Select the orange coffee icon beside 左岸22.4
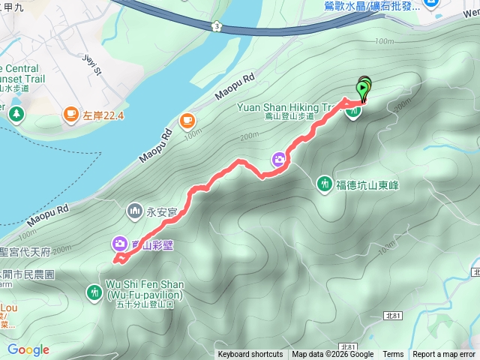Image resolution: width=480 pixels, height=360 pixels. point(70,114)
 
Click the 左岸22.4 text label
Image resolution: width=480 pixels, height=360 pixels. point(103,115)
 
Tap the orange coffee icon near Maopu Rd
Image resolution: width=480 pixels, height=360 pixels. point(186,119)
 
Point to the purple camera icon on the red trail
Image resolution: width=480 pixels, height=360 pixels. point(278,159)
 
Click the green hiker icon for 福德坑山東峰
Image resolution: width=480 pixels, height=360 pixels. point(324,184)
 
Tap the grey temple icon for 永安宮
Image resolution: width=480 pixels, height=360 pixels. point(135,211)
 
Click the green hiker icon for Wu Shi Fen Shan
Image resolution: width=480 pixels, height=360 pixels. point(94,291)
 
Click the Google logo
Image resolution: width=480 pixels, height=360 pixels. point(28,349)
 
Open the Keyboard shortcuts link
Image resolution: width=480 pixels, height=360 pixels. point(250,355)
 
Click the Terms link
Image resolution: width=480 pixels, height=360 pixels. point(393,355)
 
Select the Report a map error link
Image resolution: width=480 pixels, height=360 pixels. point(445,355)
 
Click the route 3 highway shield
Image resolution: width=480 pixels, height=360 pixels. point(216,25)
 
